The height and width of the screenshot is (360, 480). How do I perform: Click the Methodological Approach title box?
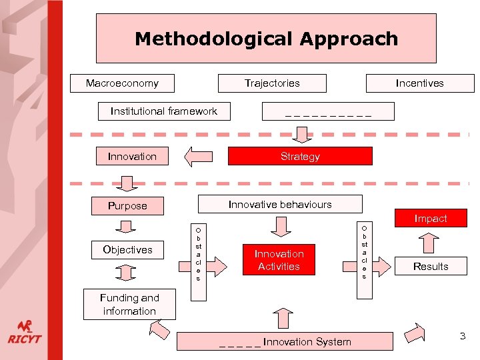(266, 39)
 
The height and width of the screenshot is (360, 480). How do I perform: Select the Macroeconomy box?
(123, 83)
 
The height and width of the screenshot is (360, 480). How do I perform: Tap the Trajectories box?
(272, 83)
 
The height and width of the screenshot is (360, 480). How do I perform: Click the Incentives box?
(419, 83)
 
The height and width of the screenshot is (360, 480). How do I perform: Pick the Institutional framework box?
(164, 111)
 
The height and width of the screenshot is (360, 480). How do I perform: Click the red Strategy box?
(300, 157)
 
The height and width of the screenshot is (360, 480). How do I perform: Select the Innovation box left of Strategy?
(132, 157)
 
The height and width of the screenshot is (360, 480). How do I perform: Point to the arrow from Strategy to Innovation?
(198, 157)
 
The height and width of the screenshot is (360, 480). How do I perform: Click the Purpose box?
(127, 206)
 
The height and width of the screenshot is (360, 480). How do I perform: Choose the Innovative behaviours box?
(280, 204)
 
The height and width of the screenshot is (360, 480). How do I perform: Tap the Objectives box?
(127, 250)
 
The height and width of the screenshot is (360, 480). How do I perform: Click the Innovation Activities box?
(279, 260)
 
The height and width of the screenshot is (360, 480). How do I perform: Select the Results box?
(431, 266)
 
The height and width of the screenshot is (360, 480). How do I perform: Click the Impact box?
(431, 218)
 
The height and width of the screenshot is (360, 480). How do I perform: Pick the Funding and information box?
(129, 305)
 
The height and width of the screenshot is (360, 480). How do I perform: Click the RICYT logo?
(25, 332)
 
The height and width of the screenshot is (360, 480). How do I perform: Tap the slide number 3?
(462, 336)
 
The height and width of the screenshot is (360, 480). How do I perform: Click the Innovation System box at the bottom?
(285, 342)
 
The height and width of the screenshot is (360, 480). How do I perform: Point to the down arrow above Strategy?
(303, 135)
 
